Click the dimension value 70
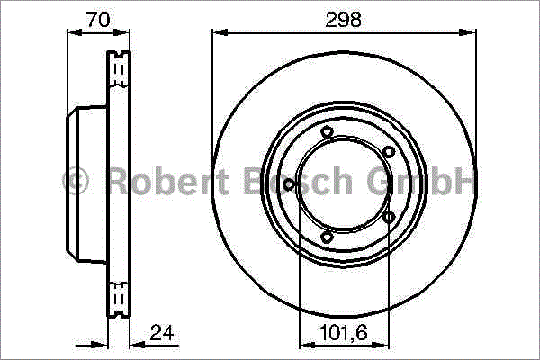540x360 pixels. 98,19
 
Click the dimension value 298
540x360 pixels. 344,19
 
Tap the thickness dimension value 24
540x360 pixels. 162,332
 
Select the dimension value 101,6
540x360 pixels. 344,333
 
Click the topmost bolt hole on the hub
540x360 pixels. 327,132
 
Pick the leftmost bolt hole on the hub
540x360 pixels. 289,184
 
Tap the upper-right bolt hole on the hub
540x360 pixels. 389,151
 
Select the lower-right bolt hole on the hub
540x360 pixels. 389,217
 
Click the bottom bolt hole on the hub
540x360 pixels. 327,237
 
